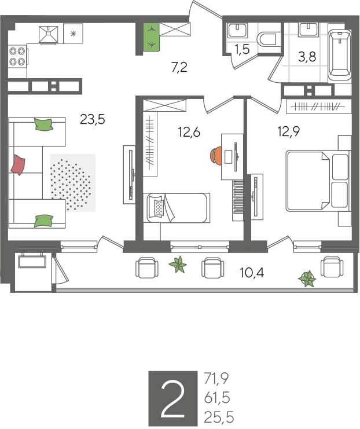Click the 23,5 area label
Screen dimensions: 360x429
93,120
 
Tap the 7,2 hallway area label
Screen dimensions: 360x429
179,67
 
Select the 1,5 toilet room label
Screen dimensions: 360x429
242,49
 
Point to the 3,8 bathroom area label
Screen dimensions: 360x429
307,57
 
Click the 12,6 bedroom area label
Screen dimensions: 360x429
189,132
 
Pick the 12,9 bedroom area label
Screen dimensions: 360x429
289,131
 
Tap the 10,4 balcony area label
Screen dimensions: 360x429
252,273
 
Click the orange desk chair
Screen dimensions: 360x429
215,156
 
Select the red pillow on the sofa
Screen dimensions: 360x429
18,164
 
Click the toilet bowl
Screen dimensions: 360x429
269,39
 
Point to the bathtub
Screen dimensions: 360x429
340,54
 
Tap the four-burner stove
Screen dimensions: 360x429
17,56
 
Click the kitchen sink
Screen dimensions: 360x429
49,35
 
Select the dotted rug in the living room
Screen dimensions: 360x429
72,182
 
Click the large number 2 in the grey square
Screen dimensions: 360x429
172,399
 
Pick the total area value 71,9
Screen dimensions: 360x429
216,379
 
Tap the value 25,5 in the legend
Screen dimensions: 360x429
219,417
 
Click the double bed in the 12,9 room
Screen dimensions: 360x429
318,181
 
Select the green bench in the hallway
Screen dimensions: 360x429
152,37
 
